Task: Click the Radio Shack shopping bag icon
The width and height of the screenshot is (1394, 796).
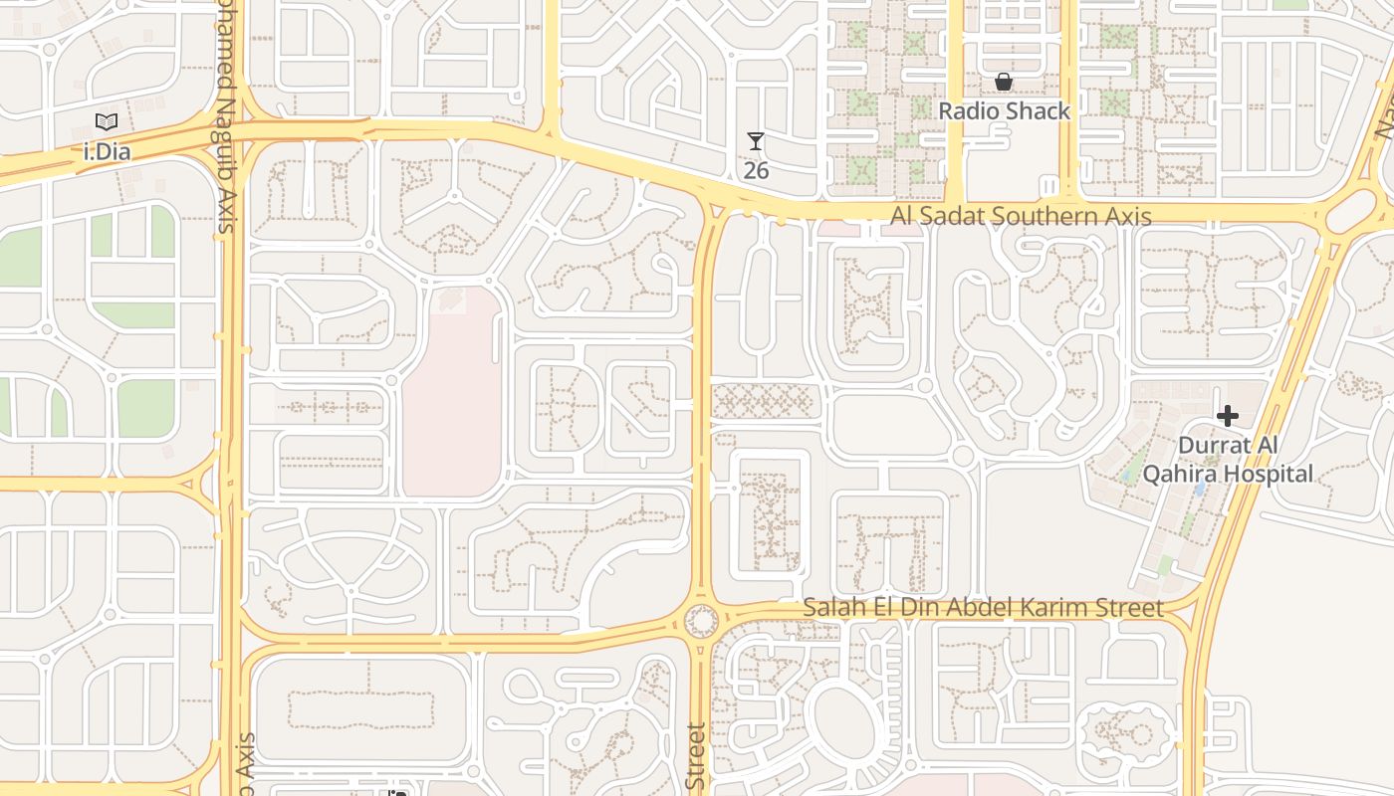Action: pos(1004,82)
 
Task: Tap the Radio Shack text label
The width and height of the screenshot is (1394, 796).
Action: pos(1005,110)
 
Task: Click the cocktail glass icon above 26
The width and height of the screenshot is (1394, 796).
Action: pos(756,142)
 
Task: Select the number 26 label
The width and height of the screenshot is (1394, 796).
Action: pos(756,170)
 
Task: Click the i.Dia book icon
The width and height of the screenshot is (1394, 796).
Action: pos(107,122)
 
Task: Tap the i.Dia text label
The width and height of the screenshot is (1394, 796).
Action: pos(108,152)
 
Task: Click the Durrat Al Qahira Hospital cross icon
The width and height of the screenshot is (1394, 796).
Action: pos(1228,416)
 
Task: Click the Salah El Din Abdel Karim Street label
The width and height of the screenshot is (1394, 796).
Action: pos(983,607)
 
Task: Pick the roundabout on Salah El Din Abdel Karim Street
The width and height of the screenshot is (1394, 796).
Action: pos(701,622)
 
